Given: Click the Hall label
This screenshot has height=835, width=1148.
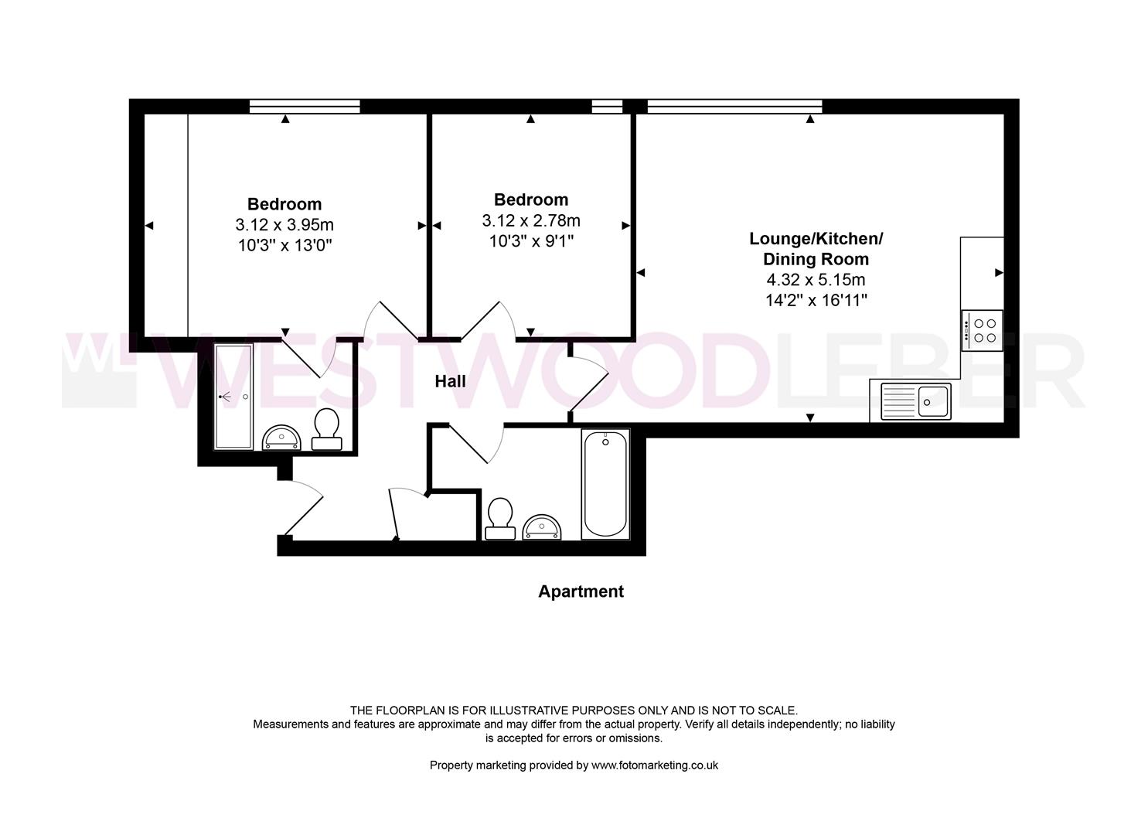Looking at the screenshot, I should tap(450, 381).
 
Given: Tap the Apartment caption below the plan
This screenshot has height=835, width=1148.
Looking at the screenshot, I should tap(581, 591).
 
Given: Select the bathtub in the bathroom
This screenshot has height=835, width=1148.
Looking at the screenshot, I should tap(605, 484).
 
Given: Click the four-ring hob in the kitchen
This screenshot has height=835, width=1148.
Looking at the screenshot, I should tap(983, 331).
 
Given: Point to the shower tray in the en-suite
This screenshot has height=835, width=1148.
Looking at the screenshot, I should tap(233, 397).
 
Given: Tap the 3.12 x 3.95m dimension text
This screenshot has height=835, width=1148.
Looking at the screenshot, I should tap(284, 225).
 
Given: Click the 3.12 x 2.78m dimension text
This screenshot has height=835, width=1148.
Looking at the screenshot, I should tap(531, 221).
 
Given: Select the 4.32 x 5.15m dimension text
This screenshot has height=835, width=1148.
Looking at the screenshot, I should tap(815, 280).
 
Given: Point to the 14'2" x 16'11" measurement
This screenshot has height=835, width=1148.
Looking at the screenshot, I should tap(816, 300).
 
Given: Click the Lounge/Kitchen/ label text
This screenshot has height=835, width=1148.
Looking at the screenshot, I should tap(816, 239).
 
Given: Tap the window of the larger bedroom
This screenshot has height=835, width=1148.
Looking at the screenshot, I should tap(305, 107).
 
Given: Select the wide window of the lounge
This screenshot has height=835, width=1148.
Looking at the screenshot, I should tap(734, 107).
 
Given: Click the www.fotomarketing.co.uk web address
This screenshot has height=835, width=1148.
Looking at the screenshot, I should tap(654, 765).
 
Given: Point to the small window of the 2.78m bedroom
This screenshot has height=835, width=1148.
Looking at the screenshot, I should tap(607, 107).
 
